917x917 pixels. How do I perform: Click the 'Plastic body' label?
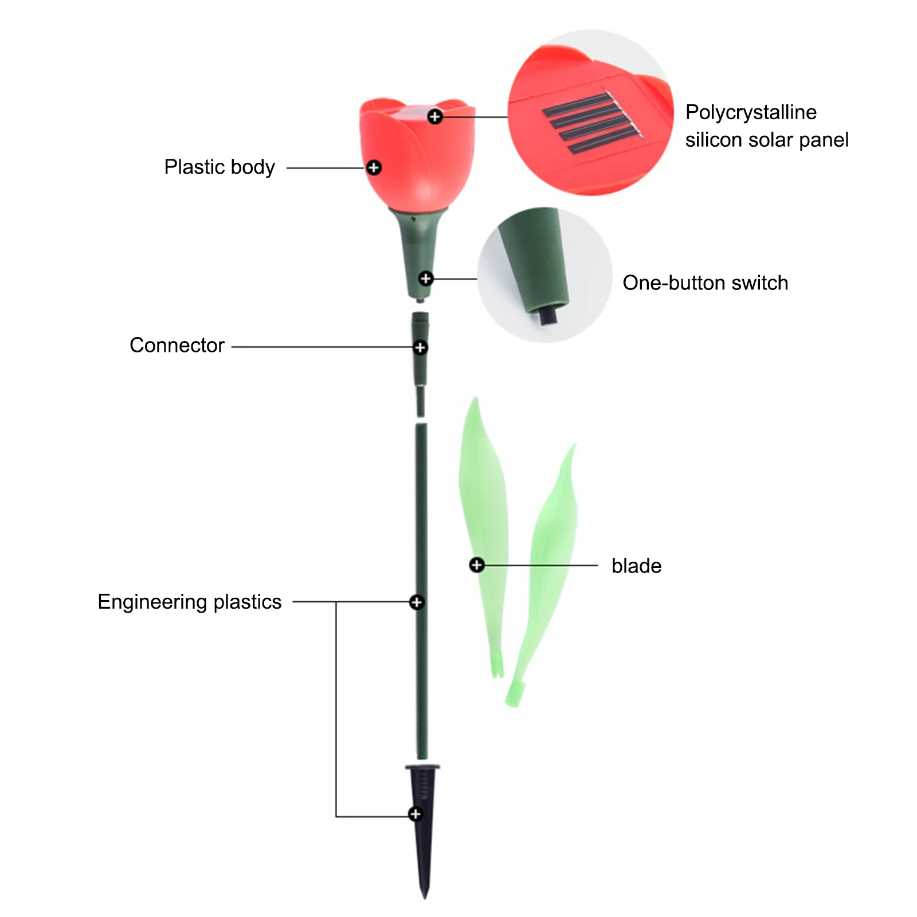(219, 167)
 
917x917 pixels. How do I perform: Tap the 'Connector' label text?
(177, 346)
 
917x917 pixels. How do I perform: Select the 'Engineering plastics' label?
(189, 602)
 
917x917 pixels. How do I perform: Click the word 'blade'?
(636, 566)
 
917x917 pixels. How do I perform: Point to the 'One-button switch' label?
(705, 283)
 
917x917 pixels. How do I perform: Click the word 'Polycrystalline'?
(751, 112)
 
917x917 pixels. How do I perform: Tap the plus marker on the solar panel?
(435, 117)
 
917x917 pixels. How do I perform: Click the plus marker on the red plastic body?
(374, 168)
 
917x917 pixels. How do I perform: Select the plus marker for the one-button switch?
(425, 279)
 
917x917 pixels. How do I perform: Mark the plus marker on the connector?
(420, 347)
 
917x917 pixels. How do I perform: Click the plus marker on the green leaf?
(476, 565)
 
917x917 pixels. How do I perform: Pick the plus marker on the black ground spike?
(416, 814)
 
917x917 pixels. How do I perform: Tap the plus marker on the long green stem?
(417, 602)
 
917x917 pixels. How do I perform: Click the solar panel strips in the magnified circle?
(590, 123)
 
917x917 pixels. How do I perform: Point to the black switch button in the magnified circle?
(548, 315)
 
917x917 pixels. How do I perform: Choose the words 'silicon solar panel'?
(766, 140)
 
